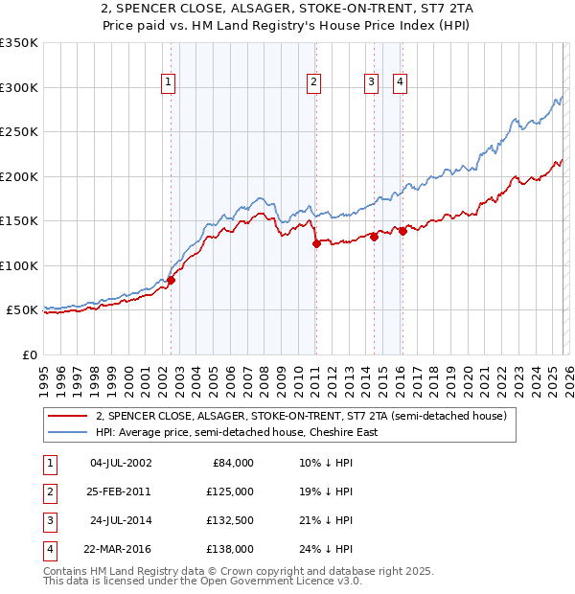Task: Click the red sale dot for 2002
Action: (x=172, y=280)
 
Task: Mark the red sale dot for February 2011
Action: (x=315, y=244)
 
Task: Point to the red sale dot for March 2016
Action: (x=402, y=231)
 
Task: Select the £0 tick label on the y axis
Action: (x=29, y=354)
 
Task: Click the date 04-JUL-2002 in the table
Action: (x=120, y=463)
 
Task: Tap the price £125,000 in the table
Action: (x=230, y=491)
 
